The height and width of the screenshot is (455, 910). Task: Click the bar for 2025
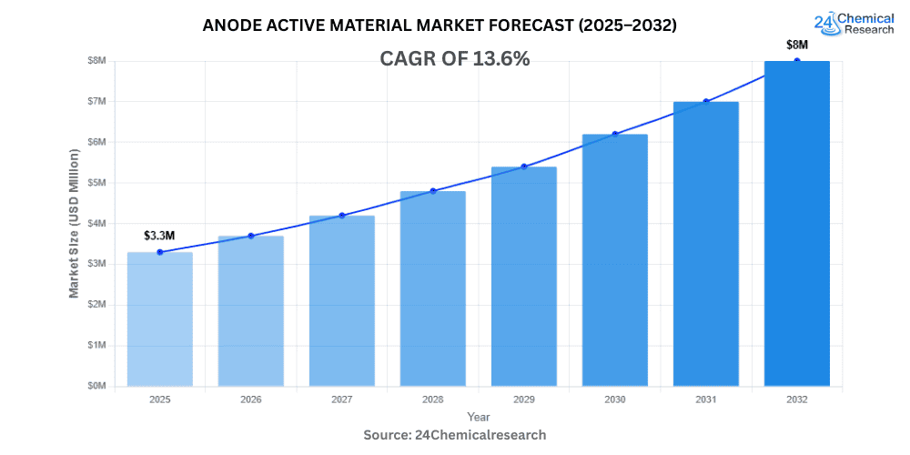point(159,318)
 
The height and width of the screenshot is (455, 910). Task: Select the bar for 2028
point(432,288)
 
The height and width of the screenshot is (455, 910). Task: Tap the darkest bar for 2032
point(796,223)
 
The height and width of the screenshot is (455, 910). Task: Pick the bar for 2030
point(614,259)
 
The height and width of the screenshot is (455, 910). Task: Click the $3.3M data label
point(159,236)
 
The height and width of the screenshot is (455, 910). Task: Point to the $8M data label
point(796,45)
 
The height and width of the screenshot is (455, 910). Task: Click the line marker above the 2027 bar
point(342,216)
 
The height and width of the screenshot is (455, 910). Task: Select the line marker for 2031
point(705,101)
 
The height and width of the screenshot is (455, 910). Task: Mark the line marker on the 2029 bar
point(523,167)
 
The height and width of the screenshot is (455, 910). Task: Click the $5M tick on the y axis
point(96,183)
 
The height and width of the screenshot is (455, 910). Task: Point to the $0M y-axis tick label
point(96,386)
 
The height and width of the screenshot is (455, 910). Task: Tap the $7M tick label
point(96,101)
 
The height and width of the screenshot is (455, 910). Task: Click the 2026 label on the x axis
point(250,399)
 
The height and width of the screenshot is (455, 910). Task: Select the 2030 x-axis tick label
point(614,399)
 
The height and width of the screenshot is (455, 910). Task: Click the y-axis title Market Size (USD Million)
point(74,223)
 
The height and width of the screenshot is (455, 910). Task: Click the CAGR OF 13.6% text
point(454,59)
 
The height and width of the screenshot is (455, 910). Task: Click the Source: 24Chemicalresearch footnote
point(454,435)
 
